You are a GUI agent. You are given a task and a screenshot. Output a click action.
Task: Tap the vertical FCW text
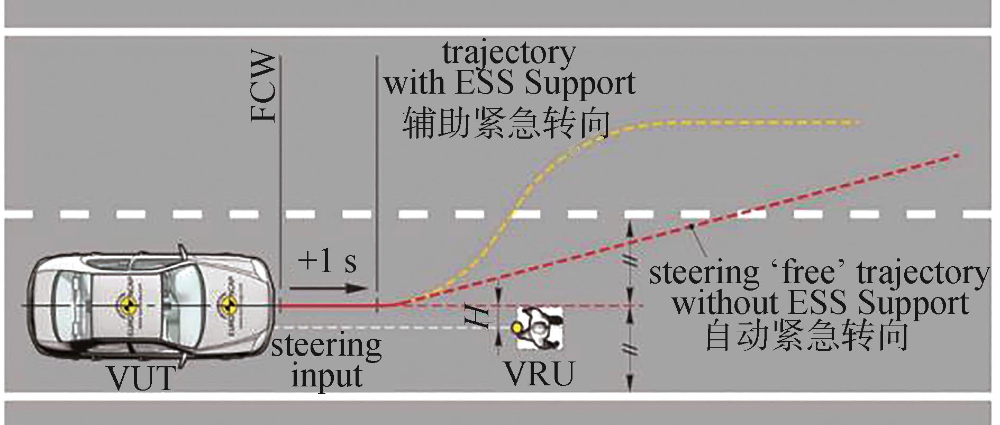[x=263, y=87]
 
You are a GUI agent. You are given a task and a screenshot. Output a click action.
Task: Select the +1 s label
[x=328, y=260]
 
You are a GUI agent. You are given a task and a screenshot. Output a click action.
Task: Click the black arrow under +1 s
[x=328, y=288]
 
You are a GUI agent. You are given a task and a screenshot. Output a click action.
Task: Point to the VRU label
[x=540, y=374]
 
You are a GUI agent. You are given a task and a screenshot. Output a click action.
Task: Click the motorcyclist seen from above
[x=539, y=329]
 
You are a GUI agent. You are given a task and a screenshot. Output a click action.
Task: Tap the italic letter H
[x=478, y=316]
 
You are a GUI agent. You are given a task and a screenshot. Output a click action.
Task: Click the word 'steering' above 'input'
[x=326, y=346]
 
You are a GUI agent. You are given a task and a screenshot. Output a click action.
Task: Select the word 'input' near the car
[x=326, y=376]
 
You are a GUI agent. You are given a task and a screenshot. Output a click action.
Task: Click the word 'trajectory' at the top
[x=509, y=53]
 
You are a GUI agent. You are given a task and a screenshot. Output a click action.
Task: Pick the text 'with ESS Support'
[x=510, y=84]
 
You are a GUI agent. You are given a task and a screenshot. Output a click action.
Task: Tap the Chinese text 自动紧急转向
[x=807, y=336]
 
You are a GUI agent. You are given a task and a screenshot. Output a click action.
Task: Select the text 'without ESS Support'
[x=820, y=304]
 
